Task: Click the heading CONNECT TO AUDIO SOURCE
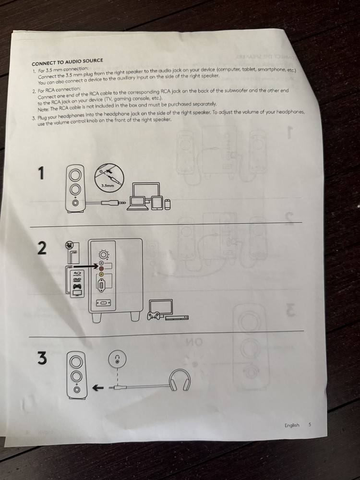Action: pos(67,62)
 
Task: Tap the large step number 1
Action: pos(41,173)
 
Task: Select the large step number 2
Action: pos(42,248)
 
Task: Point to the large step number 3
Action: pos(42,358)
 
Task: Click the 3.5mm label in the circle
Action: pos(108,185)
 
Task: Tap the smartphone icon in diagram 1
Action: pos(167,204)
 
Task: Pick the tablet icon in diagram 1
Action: pos(157,203)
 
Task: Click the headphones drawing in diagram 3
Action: pos(180,380)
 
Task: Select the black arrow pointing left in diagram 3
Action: pos(97,388)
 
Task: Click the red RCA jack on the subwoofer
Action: pos(101,268)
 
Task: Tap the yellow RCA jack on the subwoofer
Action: pos(101,274)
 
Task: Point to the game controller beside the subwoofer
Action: pos(153,316)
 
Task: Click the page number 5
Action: pos(310,425)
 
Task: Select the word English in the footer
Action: pos(292,425)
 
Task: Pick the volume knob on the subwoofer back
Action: pos(104,255)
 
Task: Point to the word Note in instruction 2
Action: pos(44,109)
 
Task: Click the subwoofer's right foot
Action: pos(135,316)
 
